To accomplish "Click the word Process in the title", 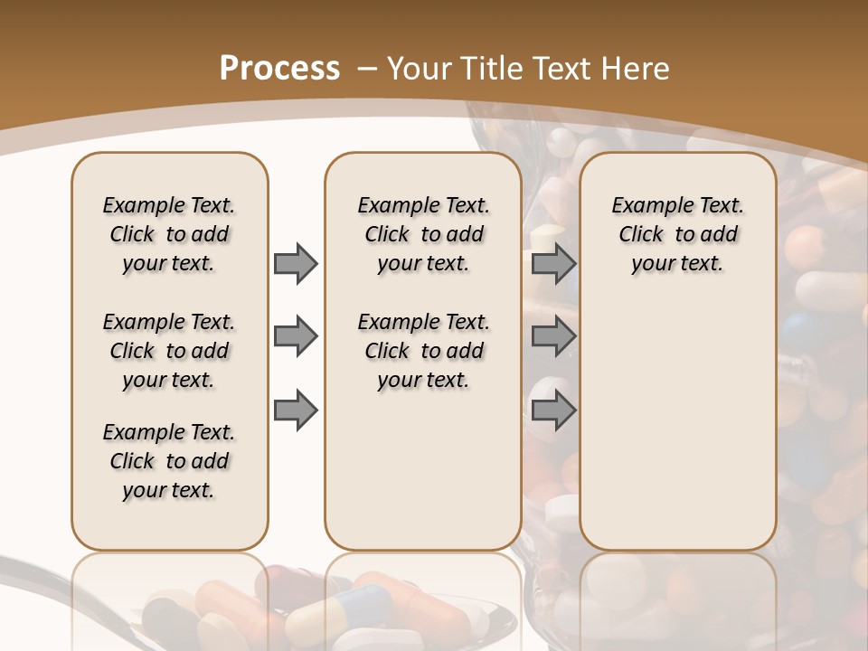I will coord(279,69).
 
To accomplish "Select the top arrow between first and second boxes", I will coord(296,263).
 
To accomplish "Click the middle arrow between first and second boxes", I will coord(296,337).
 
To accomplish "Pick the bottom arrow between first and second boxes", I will coord(296,410).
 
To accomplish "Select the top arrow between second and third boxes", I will coord(553,263).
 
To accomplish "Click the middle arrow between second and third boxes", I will coord(553,337).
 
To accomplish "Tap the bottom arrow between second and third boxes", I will coord(553,410).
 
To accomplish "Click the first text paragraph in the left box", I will coord(169,234).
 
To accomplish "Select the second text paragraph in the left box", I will coord(169,351).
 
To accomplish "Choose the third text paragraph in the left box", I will coord(169,461).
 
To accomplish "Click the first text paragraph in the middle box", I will coord(423,234).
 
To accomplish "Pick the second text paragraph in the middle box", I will coord(423,351).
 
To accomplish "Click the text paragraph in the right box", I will coord(678,234).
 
